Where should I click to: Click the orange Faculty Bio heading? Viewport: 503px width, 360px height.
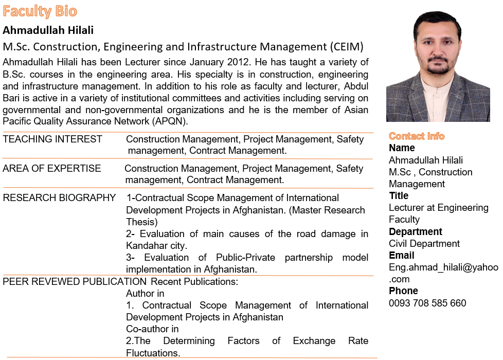[x=40, y=11]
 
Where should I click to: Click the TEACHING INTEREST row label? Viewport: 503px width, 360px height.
[x=52, y=139]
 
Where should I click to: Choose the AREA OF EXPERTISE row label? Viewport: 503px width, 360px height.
[x=52, y=169]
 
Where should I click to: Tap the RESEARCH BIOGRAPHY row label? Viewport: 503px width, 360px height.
[x=60, y=198]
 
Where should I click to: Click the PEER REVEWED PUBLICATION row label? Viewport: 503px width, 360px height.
[x=75, y=282]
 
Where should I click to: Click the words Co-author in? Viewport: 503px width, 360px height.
[x=152, y=329]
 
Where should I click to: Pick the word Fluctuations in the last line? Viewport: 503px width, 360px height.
[x=152, y=353]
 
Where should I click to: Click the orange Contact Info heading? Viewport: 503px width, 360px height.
[x=417, y=136]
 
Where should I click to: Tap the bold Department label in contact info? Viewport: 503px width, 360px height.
[x=416, y=231]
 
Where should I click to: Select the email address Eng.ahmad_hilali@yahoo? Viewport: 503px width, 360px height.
[x=443, y=267]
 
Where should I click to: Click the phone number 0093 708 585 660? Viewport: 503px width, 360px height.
[x=427, y=303]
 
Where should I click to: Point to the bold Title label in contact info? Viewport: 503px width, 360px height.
[x=399, y=196]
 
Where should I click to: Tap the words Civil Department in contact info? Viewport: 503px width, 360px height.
[x=424, y=243]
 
